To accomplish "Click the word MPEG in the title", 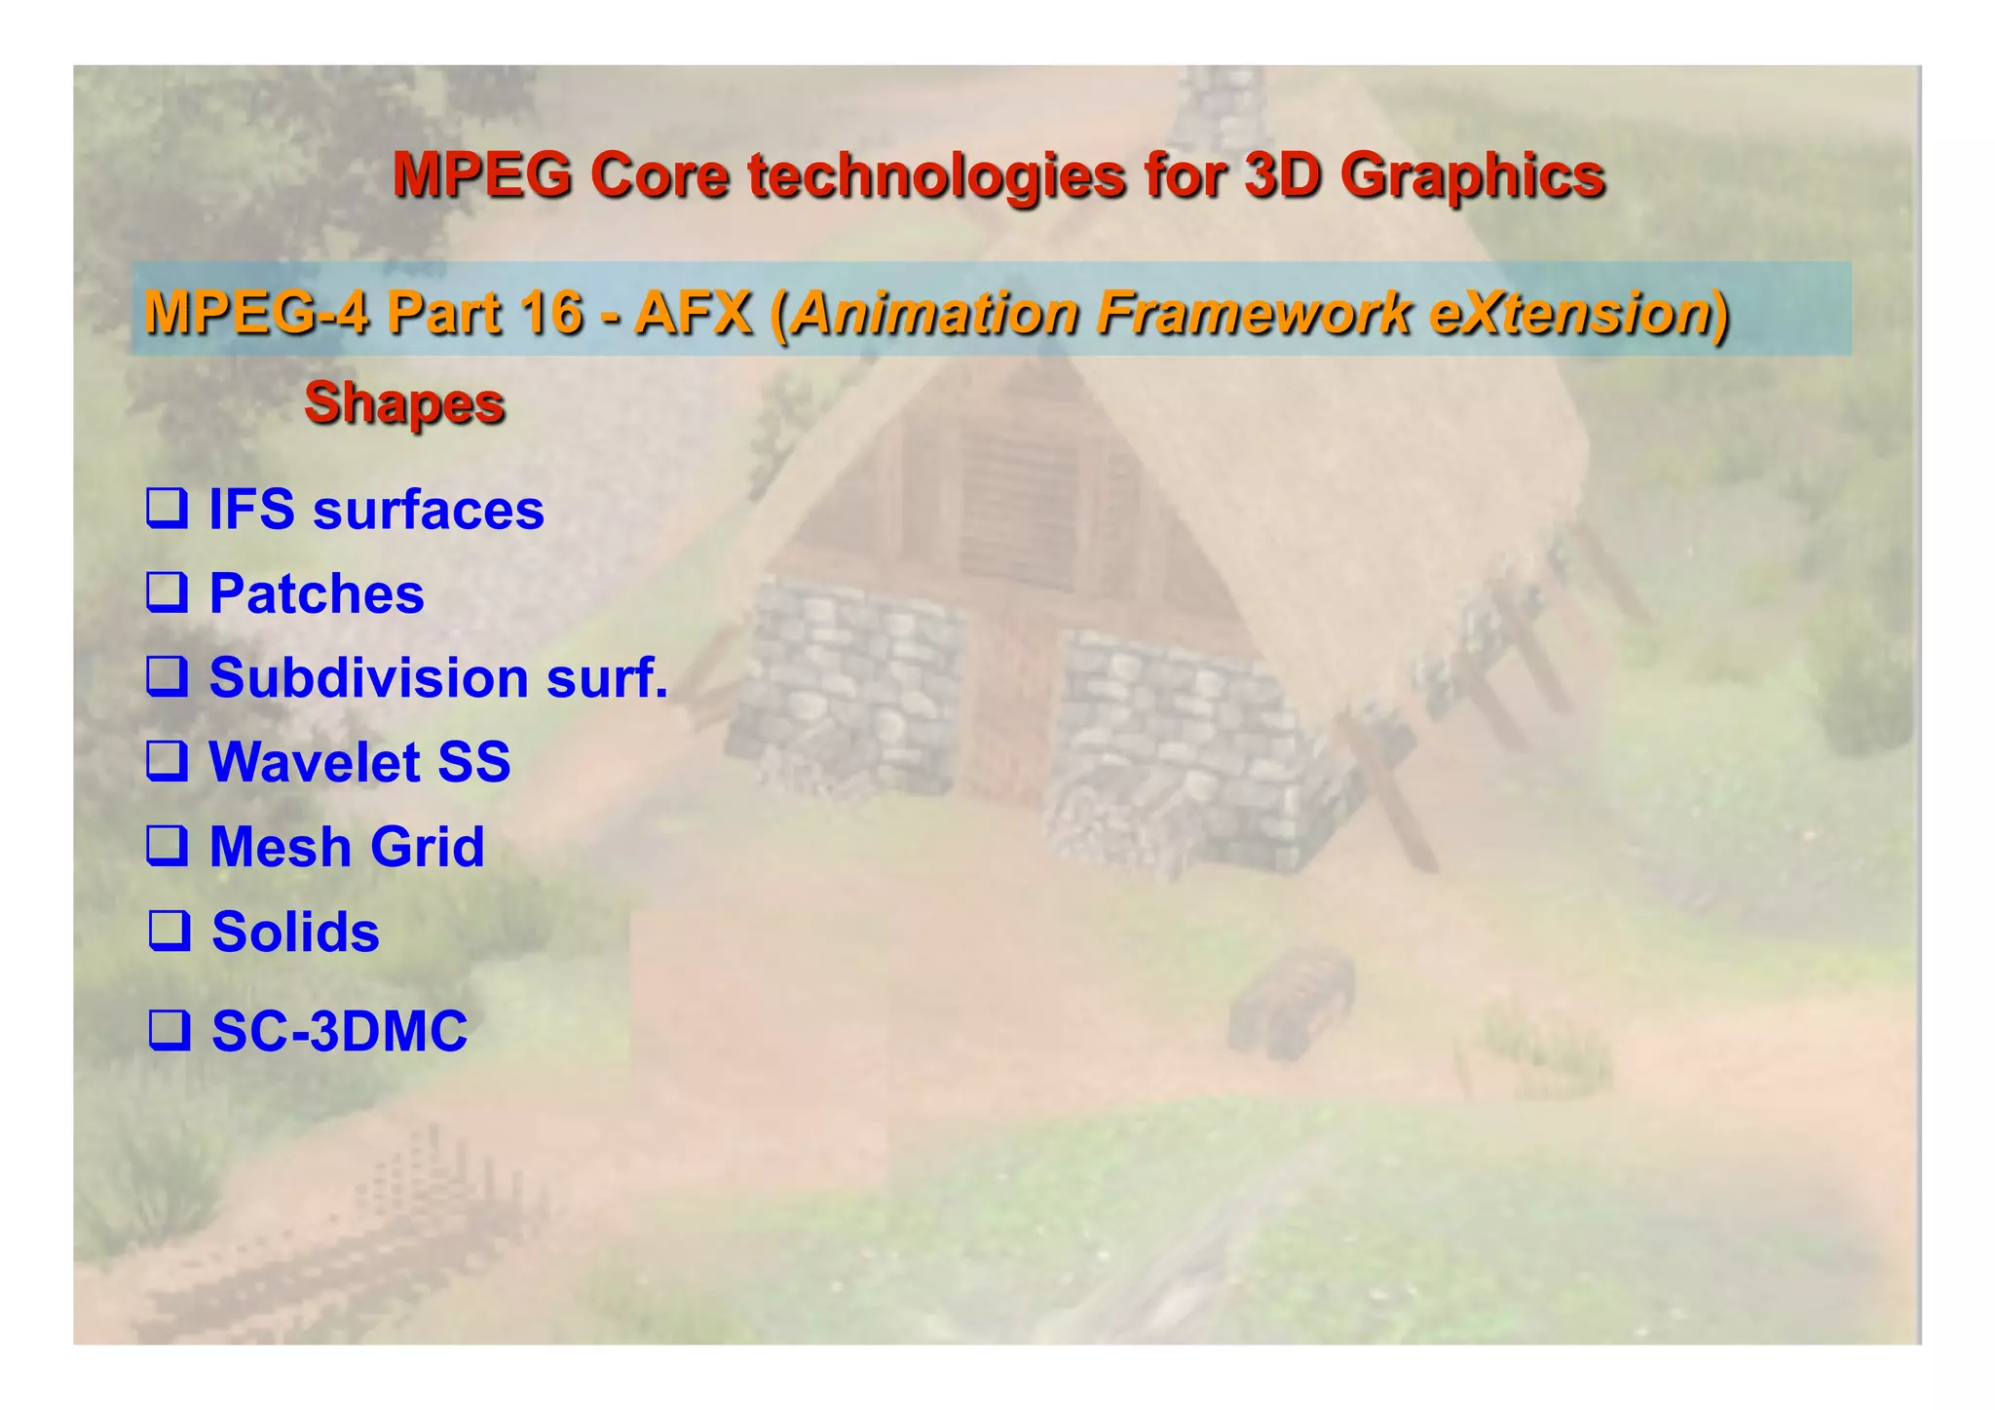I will coord(481,175).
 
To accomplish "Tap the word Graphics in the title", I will coord(1472,175).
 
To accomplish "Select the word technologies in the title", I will coord(934,175).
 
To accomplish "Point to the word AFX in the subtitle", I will coord(693,313).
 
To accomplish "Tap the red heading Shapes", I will coord(404,402).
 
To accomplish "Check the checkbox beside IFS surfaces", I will coord(167,509).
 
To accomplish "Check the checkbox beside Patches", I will coord(167,592).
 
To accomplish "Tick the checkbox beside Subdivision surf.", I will coord(167,676).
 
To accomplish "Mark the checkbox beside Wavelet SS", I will coord(167,761).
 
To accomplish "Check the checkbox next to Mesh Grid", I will coord(167,846).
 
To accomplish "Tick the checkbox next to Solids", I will coord(169,931).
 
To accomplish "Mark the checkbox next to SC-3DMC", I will coord(169,1030).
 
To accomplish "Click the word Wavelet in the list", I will coord(315,761).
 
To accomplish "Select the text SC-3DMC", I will coord(339,1030).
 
